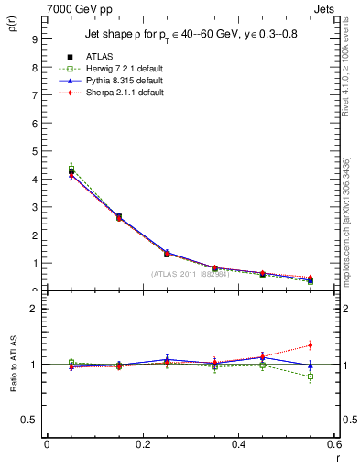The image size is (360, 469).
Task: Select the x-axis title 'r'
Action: pyautogui.click(x=336, y=458)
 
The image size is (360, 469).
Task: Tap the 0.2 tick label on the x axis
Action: pyautogui.click(x=142, y=444)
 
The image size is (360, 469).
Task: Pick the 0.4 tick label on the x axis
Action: pyautogui.click(x=238, y=444)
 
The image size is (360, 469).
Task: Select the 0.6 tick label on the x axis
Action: pyautogui.click(x=333, y=444)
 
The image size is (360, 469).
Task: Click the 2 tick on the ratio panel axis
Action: pyautogui.click(x=34, y=309)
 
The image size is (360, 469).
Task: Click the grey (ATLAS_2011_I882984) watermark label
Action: pyautogui.click(x=190, y=273)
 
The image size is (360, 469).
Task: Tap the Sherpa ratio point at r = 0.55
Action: pyautogui.click(x=310, y=345)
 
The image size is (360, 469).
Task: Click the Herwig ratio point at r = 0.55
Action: pyautogui.click(x=310, y=376)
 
